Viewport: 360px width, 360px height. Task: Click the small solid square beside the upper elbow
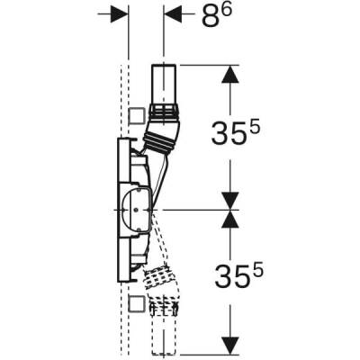click(x=137, y=115)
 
